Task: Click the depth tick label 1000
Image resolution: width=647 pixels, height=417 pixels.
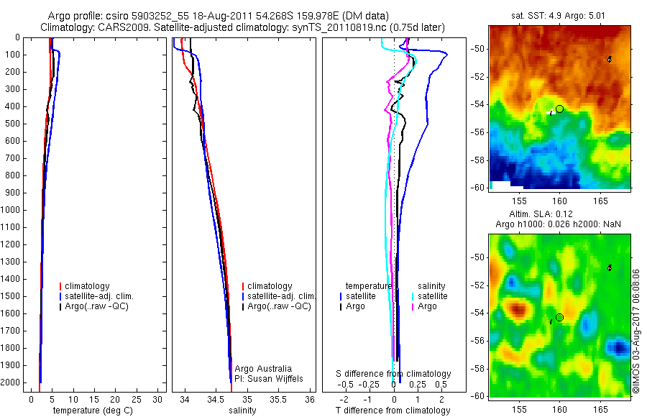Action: [x=12, y=210]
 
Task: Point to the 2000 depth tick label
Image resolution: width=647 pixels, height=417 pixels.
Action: [x=12, y=382]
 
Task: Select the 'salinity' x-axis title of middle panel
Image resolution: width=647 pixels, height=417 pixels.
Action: [x=243, y=411]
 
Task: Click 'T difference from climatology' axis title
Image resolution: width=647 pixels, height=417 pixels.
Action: [x=393, y=411]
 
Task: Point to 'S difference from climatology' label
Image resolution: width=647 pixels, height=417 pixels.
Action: [x=394, y=374]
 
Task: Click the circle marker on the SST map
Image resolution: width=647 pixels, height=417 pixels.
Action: [x=559, y=109]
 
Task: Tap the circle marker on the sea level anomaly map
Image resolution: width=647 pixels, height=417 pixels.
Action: [x=559, y=317]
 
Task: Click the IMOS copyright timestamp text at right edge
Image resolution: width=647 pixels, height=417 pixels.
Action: [x=636, y=331]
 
